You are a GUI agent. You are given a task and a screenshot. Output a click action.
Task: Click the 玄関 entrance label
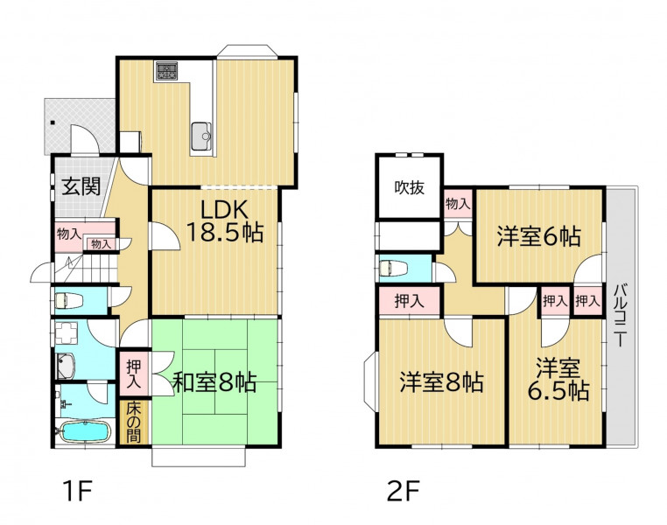(81, 186)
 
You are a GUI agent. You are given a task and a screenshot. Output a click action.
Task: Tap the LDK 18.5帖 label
(225, 220)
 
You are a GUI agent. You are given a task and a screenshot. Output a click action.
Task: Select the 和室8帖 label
(214, 381)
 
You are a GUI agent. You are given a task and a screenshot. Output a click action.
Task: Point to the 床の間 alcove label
(134, 422)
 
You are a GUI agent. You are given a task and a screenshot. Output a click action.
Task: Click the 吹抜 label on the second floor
(410, 187)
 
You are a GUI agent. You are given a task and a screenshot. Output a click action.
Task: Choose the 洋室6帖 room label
(539, 236)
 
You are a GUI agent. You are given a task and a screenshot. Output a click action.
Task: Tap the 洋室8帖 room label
(441, 381)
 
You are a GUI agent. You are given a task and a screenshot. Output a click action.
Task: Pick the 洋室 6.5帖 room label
(558, 380)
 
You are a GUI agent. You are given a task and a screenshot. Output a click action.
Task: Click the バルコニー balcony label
(621, 315)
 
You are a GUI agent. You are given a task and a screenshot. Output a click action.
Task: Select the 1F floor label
(77, 491)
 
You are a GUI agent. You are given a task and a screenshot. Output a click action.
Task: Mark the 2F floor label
(404, 491)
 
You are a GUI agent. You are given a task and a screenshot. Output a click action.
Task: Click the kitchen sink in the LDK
(200, 136)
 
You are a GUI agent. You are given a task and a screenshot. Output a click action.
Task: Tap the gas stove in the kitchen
(166, 71)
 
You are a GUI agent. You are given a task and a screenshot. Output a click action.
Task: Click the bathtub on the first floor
(85, 431)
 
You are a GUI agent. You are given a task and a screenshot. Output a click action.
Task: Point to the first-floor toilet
(69, 301)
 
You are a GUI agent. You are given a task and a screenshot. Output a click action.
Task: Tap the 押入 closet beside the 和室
(134, 374)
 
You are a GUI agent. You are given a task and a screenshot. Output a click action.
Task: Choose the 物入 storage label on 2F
(458, 205)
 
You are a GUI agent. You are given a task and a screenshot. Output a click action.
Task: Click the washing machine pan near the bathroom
(66, 332)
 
